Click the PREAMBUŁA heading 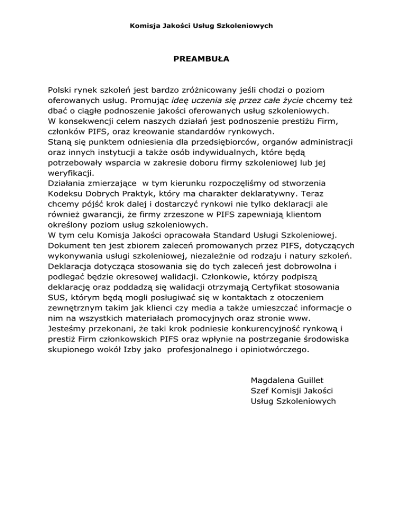tap(201, 59)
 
